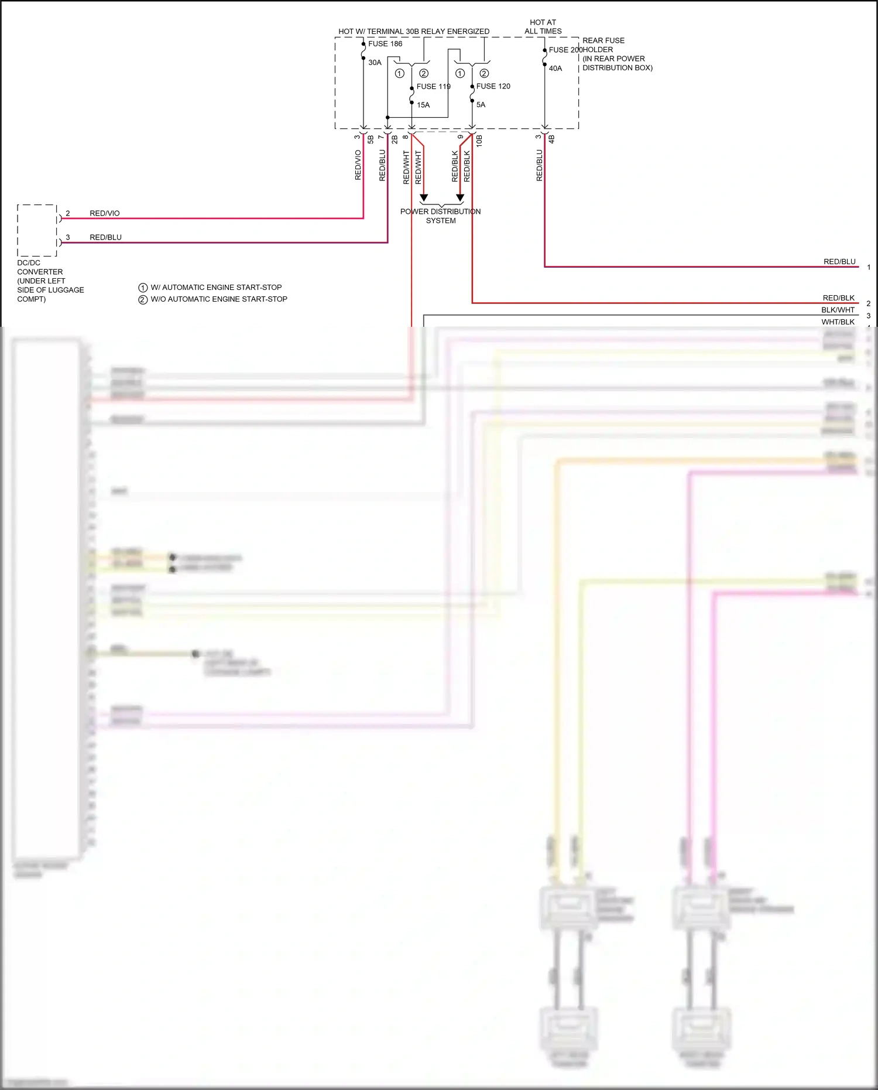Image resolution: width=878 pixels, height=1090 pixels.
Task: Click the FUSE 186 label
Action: click(385, 44)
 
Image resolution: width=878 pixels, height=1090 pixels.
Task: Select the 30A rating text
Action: click(375, 63)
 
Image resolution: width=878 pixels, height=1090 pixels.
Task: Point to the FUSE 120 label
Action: click(493, 86)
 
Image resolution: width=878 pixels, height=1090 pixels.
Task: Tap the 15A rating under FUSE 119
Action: click(423, 105)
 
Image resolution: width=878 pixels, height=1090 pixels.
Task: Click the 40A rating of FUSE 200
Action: click(555, 69)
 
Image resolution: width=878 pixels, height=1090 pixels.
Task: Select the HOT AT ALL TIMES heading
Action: click(543, 27)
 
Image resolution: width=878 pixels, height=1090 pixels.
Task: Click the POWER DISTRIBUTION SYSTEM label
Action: click(440, 216)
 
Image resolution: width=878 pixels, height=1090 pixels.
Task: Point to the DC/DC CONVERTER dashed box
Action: click(37, 230)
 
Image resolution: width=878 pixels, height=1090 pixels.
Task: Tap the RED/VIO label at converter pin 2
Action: click(104, 213)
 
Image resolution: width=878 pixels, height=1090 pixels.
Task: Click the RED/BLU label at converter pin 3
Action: click(105, 237)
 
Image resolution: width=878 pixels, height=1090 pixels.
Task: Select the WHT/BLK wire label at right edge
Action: click(838, 322)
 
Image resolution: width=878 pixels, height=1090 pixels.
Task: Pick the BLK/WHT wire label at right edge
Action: click(838, 310)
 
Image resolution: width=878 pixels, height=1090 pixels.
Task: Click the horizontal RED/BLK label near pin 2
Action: click(838, 298)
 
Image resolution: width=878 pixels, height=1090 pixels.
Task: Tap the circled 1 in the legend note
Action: click(143, 288)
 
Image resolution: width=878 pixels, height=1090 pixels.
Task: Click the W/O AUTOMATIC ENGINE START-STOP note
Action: click(218, 299)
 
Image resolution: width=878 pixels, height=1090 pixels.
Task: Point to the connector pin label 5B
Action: click(371, 139)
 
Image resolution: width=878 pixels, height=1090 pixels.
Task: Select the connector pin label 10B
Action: click(479, 140)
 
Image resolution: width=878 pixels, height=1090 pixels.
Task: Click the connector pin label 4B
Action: click(551, 139)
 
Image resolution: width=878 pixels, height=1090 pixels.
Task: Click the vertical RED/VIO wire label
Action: click(358, 165)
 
